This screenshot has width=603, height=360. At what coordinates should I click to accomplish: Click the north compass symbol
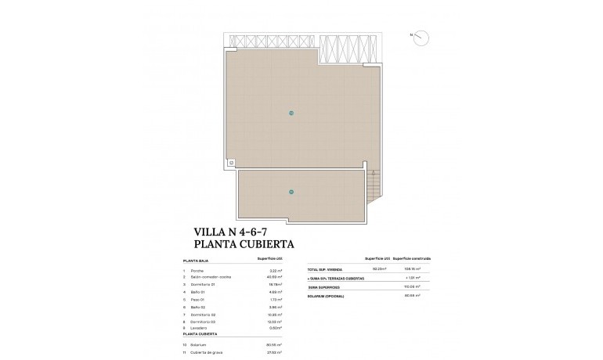[421, 37]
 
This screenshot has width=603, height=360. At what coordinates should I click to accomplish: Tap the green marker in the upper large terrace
[291, 113]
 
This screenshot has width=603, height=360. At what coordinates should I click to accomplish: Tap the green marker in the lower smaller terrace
[291, 192]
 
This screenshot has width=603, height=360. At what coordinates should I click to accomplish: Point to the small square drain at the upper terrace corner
[233, 163]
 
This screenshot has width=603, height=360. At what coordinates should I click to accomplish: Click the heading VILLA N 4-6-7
[234, 232]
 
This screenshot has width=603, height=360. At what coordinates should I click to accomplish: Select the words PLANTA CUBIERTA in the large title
[248, 243]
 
